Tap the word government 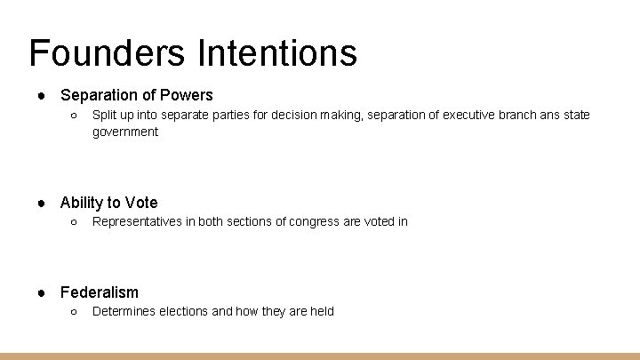click(x=125, y=132)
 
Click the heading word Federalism click(x=100, y=292)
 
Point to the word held click(x=321, y=312)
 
